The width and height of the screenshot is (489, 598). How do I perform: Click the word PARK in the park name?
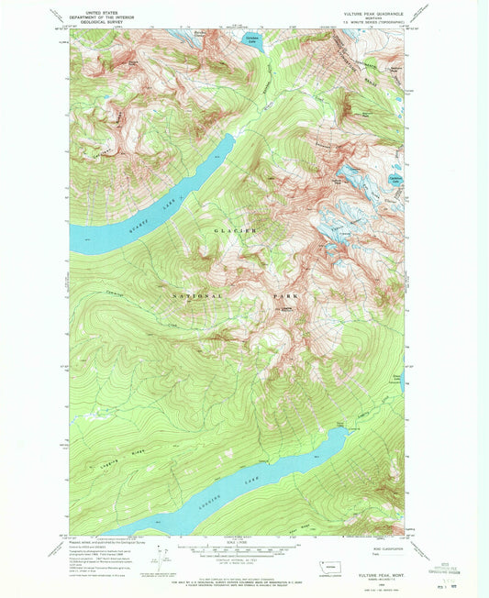286,297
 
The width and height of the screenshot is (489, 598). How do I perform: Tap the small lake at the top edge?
251,40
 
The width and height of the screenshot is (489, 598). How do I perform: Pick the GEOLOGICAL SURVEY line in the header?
98,23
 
